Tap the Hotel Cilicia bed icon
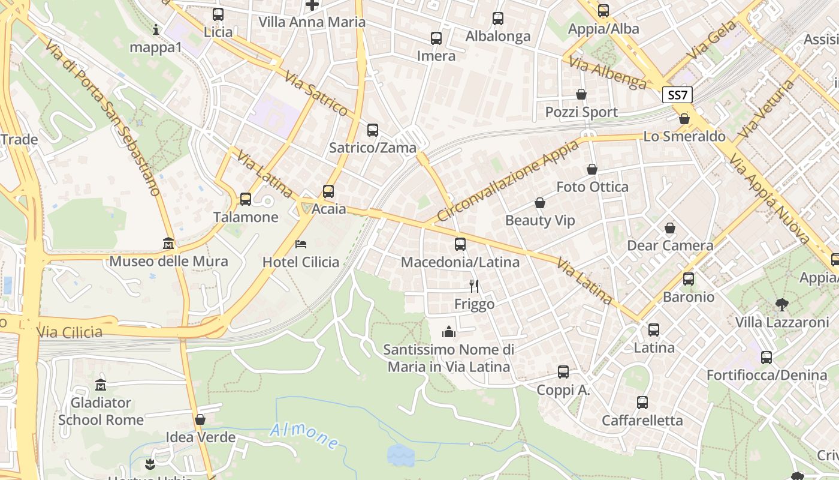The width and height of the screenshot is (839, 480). tap(301, 244)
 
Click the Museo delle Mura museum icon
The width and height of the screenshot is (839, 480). tap(168, 244)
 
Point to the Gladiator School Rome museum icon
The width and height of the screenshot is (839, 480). tap(101, 385)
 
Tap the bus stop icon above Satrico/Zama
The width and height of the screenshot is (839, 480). tap(372, 130)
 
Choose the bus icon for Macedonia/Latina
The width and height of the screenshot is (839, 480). tap(460, 244)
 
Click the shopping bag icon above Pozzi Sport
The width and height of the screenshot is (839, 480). tap(581, 94)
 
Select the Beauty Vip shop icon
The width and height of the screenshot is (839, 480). tap(539, 203)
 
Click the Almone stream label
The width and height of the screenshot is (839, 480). tap(304, 436)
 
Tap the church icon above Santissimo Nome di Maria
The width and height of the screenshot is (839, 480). tap(449, 331)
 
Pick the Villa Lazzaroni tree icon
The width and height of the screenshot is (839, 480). tap(781, 305)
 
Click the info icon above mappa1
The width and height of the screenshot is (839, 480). tap(156, 29)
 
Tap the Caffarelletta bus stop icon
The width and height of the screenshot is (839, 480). tap(642, 402)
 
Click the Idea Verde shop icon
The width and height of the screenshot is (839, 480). tap(200, 419)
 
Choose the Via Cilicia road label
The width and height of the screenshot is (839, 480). tap(70, 332)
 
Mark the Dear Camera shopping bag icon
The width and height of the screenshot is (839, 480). tap(669, 228)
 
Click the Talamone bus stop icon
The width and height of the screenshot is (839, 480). tap(245, 199)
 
